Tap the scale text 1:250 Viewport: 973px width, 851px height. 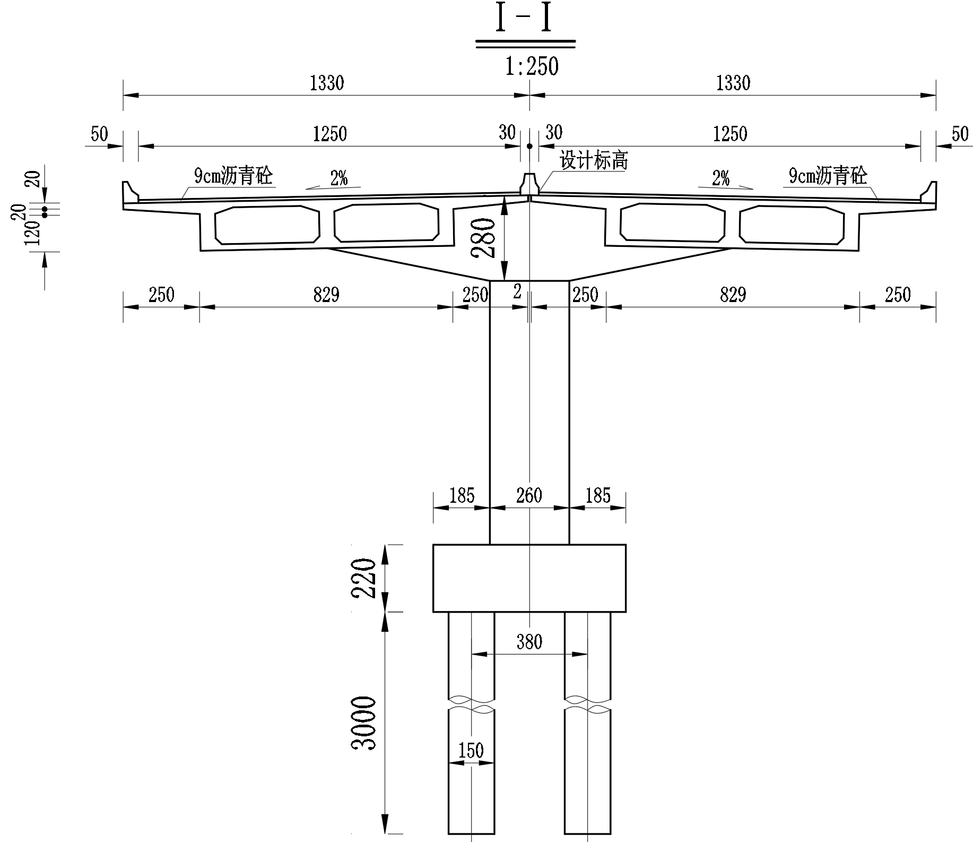(x=532, y=67)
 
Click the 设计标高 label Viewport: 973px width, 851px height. (x=594, y=160)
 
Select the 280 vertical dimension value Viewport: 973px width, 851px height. (x=485, y=237)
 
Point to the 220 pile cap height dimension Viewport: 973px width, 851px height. (x=364, y=578)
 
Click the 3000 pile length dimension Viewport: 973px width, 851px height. (x=364, y=723)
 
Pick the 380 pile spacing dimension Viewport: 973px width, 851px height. (x=529, y=642)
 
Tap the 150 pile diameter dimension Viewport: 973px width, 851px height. (x=471, y=751)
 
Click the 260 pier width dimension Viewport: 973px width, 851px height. (x=529, y=495)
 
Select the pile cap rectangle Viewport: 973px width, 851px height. (x=529, y=578)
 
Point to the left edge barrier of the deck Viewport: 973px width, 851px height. (x=131, y=192)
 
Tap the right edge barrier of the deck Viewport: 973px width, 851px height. (x=928, y=192)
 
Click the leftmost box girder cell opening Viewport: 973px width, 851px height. (x=267, y=225)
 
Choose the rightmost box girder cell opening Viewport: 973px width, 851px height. (x=792, y=225)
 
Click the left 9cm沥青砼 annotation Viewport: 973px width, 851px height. (x=233, y=175)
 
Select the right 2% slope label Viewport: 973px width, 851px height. (x=720, y=178)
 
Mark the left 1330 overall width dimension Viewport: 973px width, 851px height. (x=327, y=83)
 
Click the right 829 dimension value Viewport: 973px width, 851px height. (x=733, y=294)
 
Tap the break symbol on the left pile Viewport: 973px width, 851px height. (x=471, y=704)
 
